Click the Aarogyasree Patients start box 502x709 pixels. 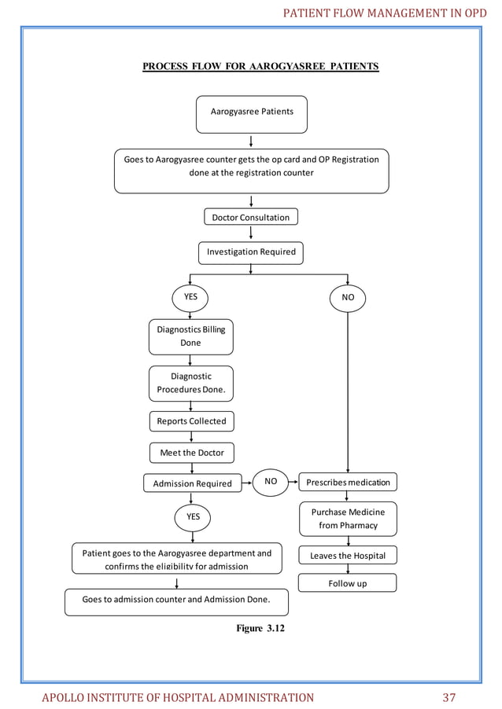click(251, 113)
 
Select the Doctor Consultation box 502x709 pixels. click(250, 217)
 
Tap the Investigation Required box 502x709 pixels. click(250, 252)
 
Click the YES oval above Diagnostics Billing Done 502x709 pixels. click(190, 298)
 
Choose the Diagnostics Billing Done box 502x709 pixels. click(190, 336)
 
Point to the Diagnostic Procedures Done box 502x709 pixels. click(190, 384)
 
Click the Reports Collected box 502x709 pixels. click(190, 421)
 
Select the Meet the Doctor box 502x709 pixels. click(191, 454)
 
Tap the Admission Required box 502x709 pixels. click(192, 483)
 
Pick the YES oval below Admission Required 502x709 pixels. click(193, 517)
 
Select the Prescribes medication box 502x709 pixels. click(348, 481)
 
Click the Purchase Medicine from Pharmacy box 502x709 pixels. click(348, 519)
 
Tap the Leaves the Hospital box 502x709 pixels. click(348, 556)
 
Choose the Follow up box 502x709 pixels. click(348, 583)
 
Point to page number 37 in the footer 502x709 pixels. click(449, 697)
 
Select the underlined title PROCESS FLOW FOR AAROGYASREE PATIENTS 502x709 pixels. click(260, 66)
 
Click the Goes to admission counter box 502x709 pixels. click(176, 601)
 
